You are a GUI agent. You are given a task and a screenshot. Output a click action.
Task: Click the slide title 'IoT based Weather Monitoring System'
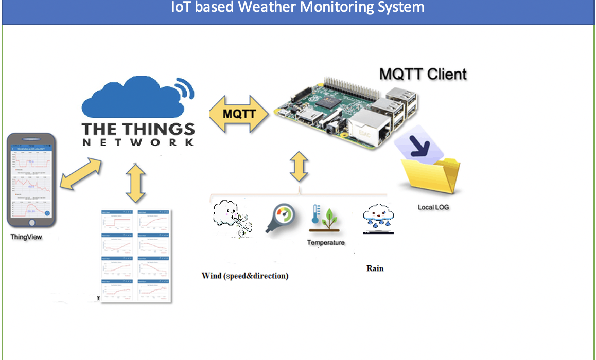[298, 8]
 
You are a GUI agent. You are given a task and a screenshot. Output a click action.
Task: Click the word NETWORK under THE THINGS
[138, 142]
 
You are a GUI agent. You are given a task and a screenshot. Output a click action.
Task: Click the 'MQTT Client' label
[423, 74]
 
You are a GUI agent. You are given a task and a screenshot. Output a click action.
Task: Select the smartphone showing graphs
[31, 180]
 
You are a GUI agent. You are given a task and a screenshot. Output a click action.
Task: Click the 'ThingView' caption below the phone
[26, 237]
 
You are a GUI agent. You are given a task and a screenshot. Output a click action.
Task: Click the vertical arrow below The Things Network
[135, 183]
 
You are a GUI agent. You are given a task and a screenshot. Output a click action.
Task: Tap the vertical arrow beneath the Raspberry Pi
[299, 166]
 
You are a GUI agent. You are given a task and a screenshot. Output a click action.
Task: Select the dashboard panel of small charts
[136, 256]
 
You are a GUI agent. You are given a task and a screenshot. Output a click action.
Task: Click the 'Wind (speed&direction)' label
[244, 276]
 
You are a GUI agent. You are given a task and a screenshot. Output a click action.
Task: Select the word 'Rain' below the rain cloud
[375, 268]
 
